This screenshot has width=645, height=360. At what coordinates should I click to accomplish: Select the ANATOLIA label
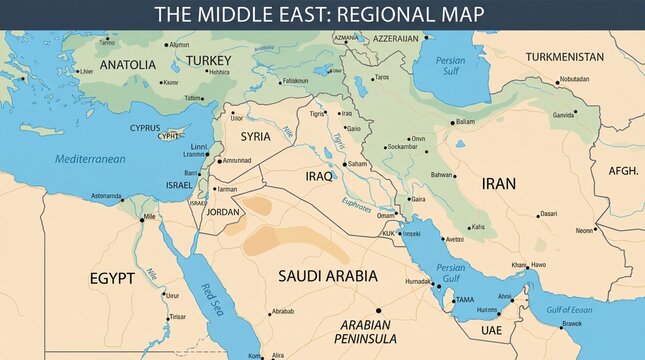[127, 65]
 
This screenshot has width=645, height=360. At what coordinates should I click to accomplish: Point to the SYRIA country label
[255, 137]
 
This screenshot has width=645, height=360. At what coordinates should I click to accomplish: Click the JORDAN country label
[222, 212]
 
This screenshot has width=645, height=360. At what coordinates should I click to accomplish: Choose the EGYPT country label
[112, 278]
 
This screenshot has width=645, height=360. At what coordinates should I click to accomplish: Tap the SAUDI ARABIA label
[327, 275]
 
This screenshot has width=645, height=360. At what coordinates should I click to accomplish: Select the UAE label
[491, 330]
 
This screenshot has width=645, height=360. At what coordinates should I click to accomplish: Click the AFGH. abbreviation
[623, 171]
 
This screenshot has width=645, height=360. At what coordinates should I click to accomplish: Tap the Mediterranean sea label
[90, 159]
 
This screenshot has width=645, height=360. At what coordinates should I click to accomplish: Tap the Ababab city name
[283, 312]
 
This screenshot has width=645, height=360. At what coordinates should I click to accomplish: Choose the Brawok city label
[571, 324]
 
